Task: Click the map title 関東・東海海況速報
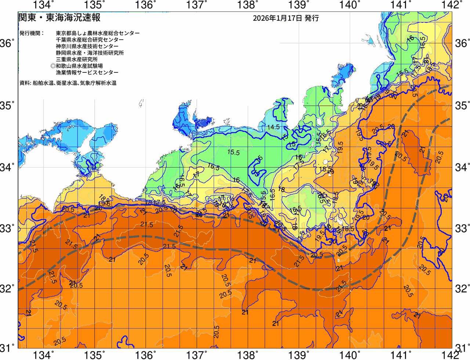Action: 59,18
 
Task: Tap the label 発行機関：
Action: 32,33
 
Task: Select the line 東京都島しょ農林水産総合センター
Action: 98,33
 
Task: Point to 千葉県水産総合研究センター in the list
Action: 90,40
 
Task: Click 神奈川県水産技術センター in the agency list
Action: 87,46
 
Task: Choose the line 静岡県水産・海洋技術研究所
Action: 90,53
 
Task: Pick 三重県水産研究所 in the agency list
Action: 76,60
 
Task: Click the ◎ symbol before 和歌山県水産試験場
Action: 53,66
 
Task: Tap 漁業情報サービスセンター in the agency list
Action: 87,73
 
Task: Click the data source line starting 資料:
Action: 68,83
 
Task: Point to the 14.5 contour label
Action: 273,127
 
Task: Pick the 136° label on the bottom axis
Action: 145,355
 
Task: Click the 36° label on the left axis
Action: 7,44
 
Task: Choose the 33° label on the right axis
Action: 462,228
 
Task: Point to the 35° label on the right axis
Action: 462,106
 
